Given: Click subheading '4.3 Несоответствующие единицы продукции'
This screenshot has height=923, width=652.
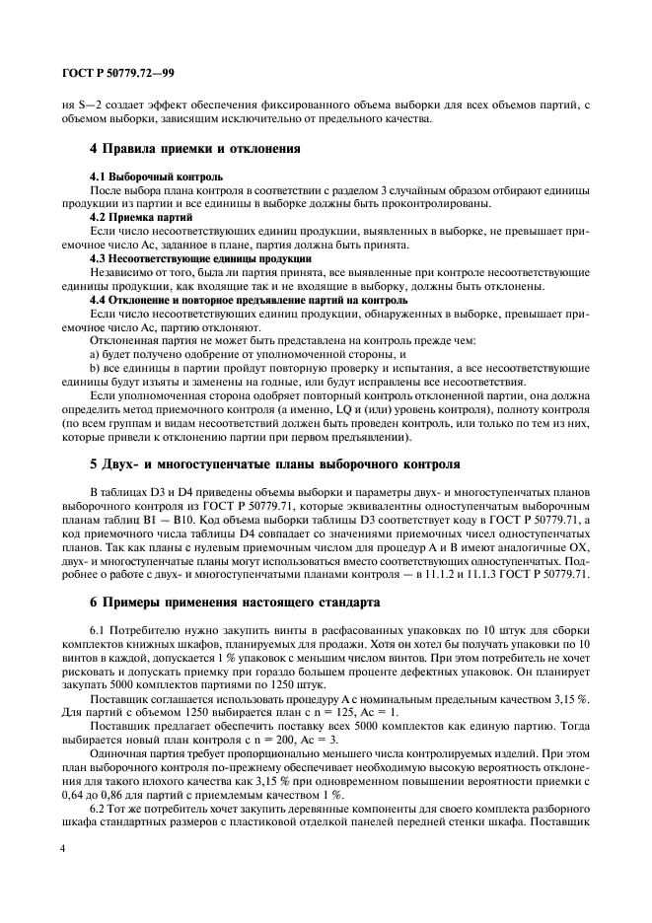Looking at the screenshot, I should click(186, 257).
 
